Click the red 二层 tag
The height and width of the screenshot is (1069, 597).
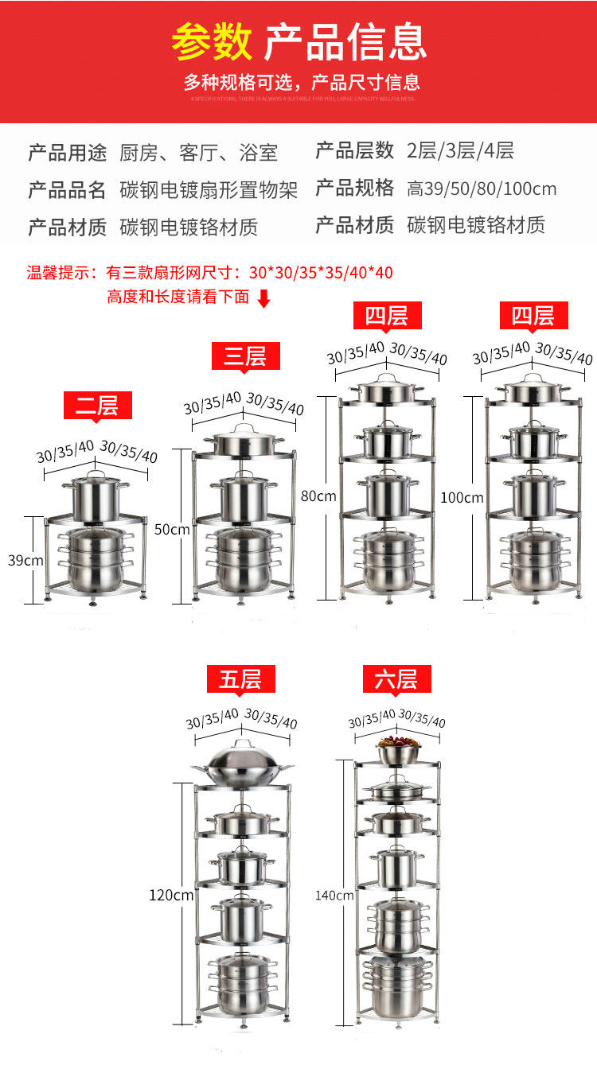coord(97,406)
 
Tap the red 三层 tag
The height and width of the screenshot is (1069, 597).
coord(245,356)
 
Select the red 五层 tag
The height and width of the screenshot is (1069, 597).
coord(240,679)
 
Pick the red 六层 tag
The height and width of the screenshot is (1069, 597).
coord(396,679)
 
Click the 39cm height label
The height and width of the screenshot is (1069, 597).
coord(26,560)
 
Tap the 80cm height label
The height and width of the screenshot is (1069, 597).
coord(319,496)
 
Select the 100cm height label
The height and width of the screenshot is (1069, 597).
coord(462,498)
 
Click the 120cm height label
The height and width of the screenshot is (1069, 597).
coord(171,895)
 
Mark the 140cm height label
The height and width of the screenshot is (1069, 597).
coord(335,895)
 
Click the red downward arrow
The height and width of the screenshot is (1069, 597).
coord(264,298)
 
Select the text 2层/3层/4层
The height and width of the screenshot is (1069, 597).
coord(460,150)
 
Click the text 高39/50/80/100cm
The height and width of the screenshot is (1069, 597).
coord(482,189)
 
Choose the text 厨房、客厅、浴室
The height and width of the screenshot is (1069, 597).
coord(198,152)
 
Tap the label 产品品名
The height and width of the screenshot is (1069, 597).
coord(67,190)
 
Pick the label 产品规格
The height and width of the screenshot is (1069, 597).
coord(355,189)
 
